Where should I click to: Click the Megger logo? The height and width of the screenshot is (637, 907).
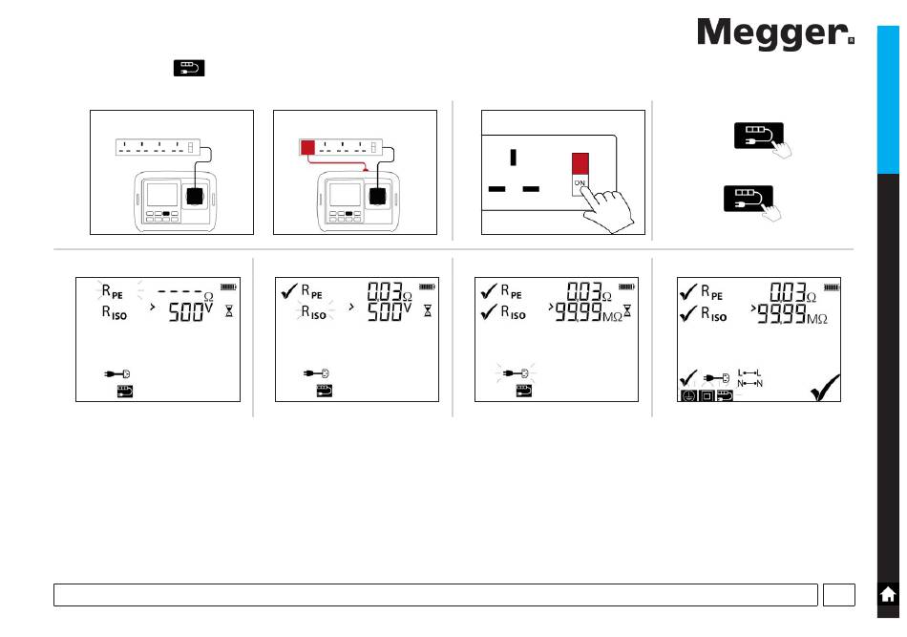pos(774,34)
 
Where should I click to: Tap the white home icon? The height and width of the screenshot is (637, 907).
pos(888,594)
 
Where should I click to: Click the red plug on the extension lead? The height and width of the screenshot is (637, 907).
pos(307,147)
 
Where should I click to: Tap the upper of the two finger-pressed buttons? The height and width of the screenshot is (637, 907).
pos(758,135)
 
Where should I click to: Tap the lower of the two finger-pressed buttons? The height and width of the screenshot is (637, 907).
pos(746,199)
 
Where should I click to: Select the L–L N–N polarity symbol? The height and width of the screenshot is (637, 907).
pos(750,378)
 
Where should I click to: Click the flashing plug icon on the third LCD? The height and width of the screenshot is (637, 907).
pos(517,373)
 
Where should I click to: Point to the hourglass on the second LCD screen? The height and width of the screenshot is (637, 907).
pos(428,312)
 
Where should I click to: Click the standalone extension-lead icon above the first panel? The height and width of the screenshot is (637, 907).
pos(188,68)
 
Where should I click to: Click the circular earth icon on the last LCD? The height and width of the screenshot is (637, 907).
pos(686,395)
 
